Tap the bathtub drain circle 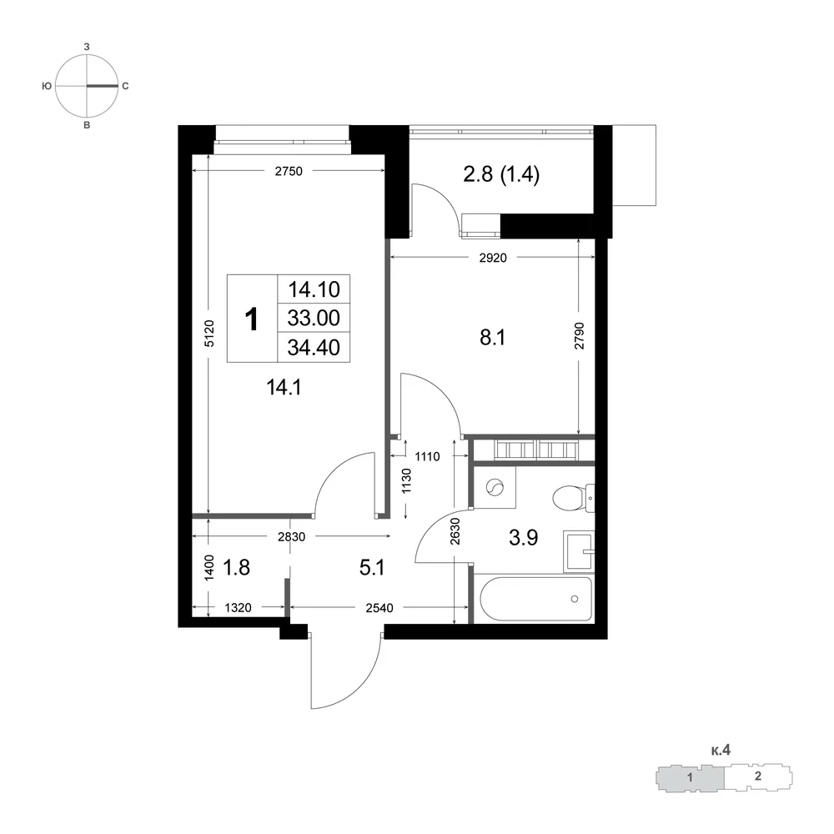pos(575,599)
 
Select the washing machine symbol pos(495,488)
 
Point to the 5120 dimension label pos(209,334)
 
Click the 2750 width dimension pos(289,171)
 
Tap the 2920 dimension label pos(493,258)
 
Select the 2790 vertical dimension pos(580,335)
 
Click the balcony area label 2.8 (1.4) pos(501,174)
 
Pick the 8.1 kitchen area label pos(493,337)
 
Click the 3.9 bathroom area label pos(524,538)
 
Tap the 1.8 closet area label pos(236,567)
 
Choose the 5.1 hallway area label pos(372,567)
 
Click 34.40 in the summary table pos(314,347)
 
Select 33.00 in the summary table pos(314,318)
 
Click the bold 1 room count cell pos(252,319)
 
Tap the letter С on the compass pos(126,86)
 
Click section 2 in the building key pos(758,776)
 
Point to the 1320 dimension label pos(238,607)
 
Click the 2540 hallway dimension pos(379,607)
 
